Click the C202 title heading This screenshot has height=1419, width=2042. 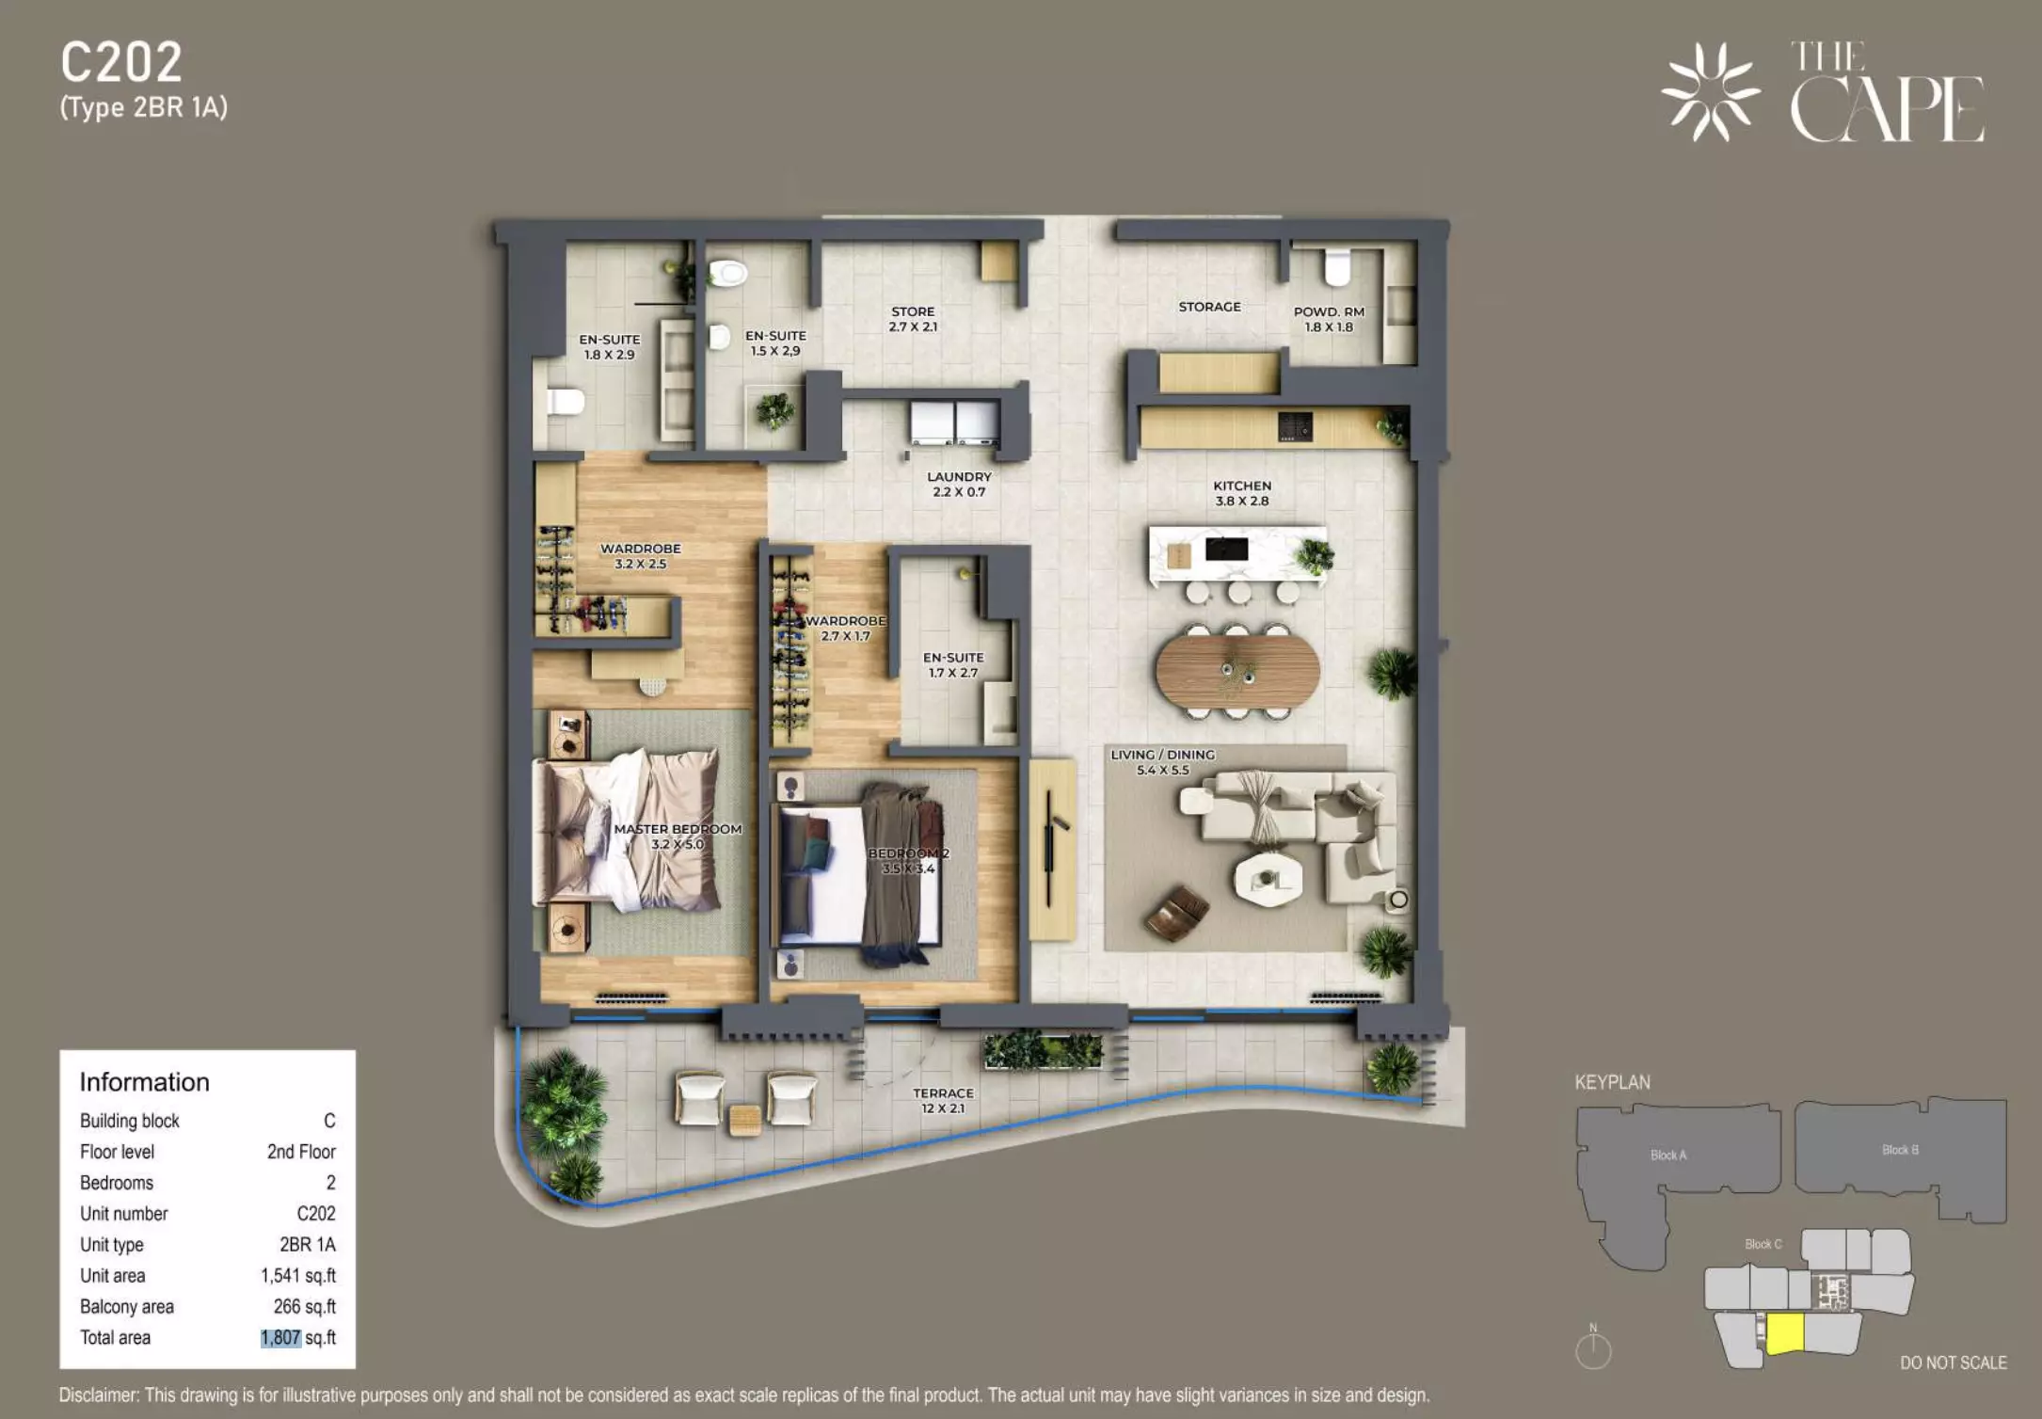(121, 63)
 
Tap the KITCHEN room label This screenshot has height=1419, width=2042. (1242, 486)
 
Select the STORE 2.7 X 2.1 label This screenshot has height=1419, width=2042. (913, 319)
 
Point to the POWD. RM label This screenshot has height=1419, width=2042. (1329, 311)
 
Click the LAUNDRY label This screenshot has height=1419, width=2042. (959, 477)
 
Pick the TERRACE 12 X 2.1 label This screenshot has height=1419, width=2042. (943, 1101)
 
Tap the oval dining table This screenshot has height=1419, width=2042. (1237, 670)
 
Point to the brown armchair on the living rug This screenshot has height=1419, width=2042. (1176, 912)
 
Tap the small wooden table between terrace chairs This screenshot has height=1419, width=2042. (745, 1119)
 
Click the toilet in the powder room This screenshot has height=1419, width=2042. (1337, 267)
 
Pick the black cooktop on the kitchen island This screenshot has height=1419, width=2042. (1227, 549)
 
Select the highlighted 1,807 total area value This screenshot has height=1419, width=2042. (280, 1338)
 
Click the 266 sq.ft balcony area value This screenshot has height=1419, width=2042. (305, 1307)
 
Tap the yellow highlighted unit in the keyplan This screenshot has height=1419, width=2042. (1785, 1333)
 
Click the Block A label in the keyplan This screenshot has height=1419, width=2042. (1668, 1156)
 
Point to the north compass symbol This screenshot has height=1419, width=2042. (1593, 1348)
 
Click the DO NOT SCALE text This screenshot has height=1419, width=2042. (1954, 1363)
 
